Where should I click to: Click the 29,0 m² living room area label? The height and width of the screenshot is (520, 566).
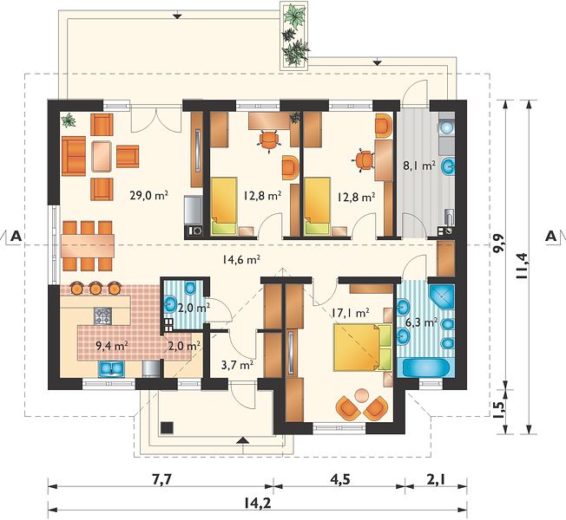click(149, 196)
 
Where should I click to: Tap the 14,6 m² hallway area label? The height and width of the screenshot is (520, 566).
click(241, 259)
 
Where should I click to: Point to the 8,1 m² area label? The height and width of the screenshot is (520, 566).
click(418, 166)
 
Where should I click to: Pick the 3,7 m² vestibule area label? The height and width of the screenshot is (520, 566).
click(237, 365)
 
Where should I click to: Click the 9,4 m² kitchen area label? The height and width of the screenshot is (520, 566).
click(112, 346)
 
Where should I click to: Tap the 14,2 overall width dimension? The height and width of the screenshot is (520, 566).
click(258, 503)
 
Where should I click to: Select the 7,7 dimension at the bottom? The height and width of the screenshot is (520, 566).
click(158, 479)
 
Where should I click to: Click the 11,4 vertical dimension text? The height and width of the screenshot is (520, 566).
click(523, 266)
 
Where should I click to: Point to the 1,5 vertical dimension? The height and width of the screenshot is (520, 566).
click(499, 411)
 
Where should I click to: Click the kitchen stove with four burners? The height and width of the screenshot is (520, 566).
click(103, 316)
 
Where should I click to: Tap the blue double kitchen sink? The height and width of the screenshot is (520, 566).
click(111, 368)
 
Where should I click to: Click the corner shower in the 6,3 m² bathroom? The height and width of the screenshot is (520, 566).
click(441, 296)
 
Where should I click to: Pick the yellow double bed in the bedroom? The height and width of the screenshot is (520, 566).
click(362, 348)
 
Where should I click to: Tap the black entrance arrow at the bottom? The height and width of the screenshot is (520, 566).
click(244, 439)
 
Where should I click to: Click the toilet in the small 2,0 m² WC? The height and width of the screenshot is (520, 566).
click(190, 288)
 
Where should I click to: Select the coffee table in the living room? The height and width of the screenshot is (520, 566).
click(102, 156)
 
